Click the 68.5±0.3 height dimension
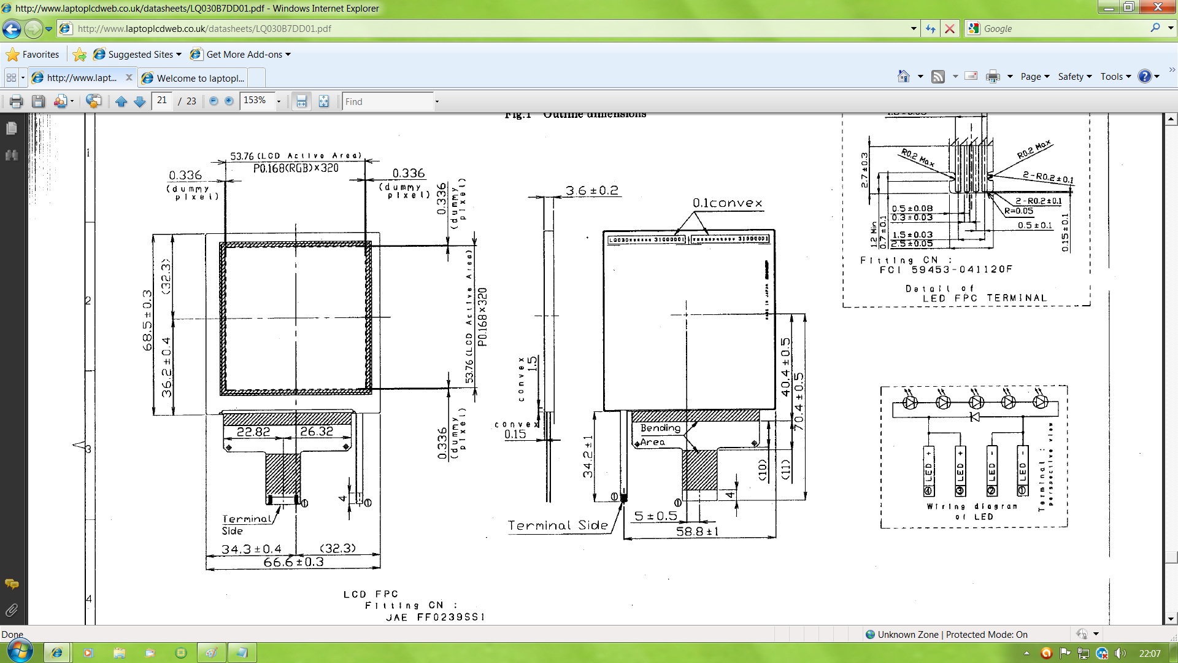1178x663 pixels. click(x=148, y=320)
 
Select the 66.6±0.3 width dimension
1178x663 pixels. click(x=293, y=562)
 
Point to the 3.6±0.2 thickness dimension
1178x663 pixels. click(x=591, y=190)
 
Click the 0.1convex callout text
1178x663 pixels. click(x=727, y=203)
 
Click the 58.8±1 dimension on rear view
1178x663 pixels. click(x=697, y=531)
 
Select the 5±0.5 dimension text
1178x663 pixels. click(x=655, y=516)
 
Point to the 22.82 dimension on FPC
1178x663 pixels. click(x=253, y=432)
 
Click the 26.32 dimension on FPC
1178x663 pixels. click(x=317, y=432)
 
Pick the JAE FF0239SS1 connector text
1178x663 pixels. click(x=435, y=617)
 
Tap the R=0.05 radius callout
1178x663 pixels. click(x=1018, y=211)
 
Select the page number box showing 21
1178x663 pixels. click(x=162, y=101)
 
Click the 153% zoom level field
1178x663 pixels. click(x=256, y=101)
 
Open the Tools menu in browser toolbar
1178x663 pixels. click(x=1115, y=77)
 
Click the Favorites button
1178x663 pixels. click(x=33, y=55)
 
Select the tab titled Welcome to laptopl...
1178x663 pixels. click(x=200, y=78)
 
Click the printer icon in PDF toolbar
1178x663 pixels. click(x=17, y=101)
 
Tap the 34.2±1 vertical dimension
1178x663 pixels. click(x=588, y=456)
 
